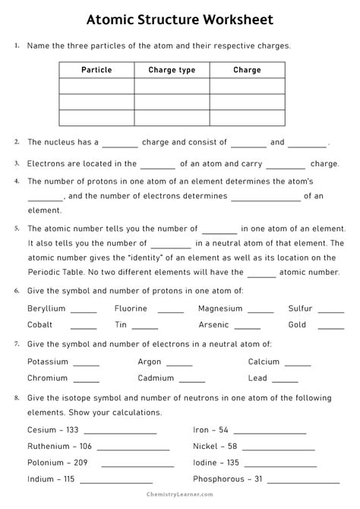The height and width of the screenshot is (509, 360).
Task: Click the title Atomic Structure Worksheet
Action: pos(180,17)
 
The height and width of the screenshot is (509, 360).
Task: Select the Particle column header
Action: pos(96,70)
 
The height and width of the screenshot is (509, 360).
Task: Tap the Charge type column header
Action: pos(172,70)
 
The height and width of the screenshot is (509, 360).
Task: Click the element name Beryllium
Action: pos(46,308)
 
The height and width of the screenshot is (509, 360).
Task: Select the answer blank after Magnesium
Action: pos(261,311)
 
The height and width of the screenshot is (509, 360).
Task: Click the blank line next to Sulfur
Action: pos(331,311)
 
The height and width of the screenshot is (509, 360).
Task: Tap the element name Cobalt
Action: pos(39,324)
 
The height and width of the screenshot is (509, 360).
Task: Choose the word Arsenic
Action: pos(213,324)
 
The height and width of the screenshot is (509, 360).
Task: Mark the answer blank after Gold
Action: pos(331,327)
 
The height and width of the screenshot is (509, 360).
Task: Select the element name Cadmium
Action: pos(156,378)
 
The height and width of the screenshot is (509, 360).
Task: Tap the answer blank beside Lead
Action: pos(285,380)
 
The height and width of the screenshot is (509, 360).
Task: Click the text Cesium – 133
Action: pos(53,430)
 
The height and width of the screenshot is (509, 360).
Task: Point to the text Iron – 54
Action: pos(211,430)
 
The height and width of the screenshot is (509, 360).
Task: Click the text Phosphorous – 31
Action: pos(228,479)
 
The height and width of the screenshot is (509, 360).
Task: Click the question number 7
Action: pos(17,343)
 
